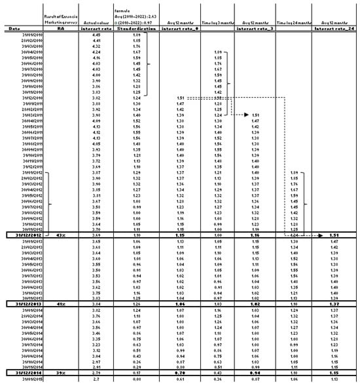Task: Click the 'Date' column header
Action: (x=14, y=29)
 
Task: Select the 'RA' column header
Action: (x=60, y=29)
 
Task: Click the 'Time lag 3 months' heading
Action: (x=217, y=21)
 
